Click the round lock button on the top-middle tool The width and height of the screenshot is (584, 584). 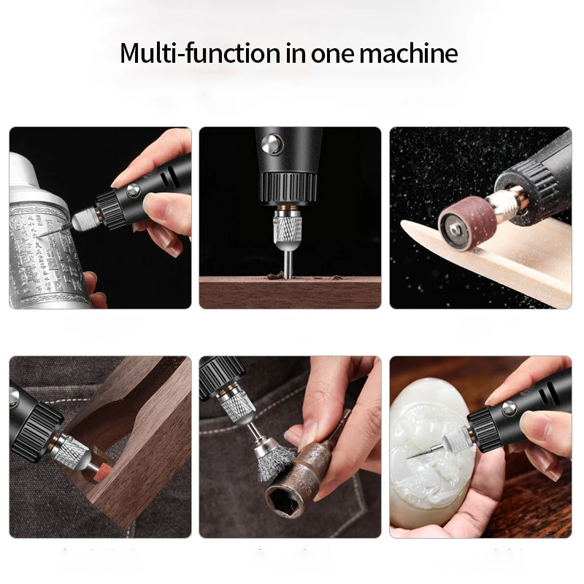pos(273,143)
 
